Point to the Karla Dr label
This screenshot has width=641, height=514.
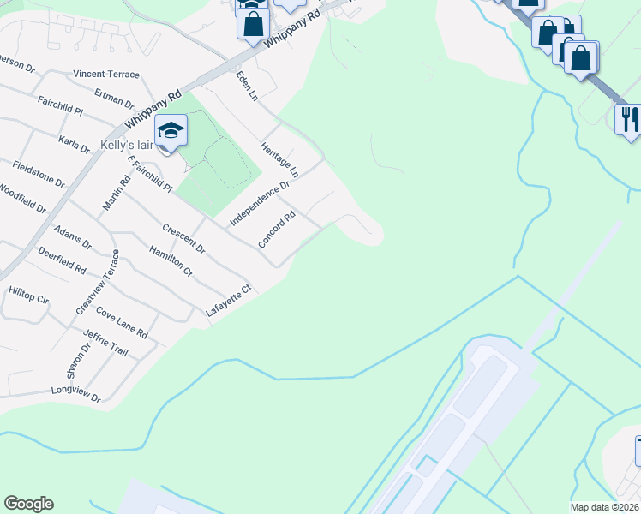coord(74,142)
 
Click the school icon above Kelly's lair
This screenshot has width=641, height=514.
coord(171,130)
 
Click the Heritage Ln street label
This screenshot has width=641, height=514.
coord(279,158)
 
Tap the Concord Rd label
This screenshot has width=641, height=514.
coord(277,226)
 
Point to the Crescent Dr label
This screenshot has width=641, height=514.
coord(183,239)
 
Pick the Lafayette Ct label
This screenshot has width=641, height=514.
coord(227,301)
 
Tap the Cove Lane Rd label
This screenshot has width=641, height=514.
coord(122,322)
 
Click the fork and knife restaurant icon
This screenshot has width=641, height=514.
coord(628,117)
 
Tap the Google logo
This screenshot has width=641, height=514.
coord(28,504)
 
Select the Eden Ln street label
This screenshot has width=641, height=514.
coord(247,87)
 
